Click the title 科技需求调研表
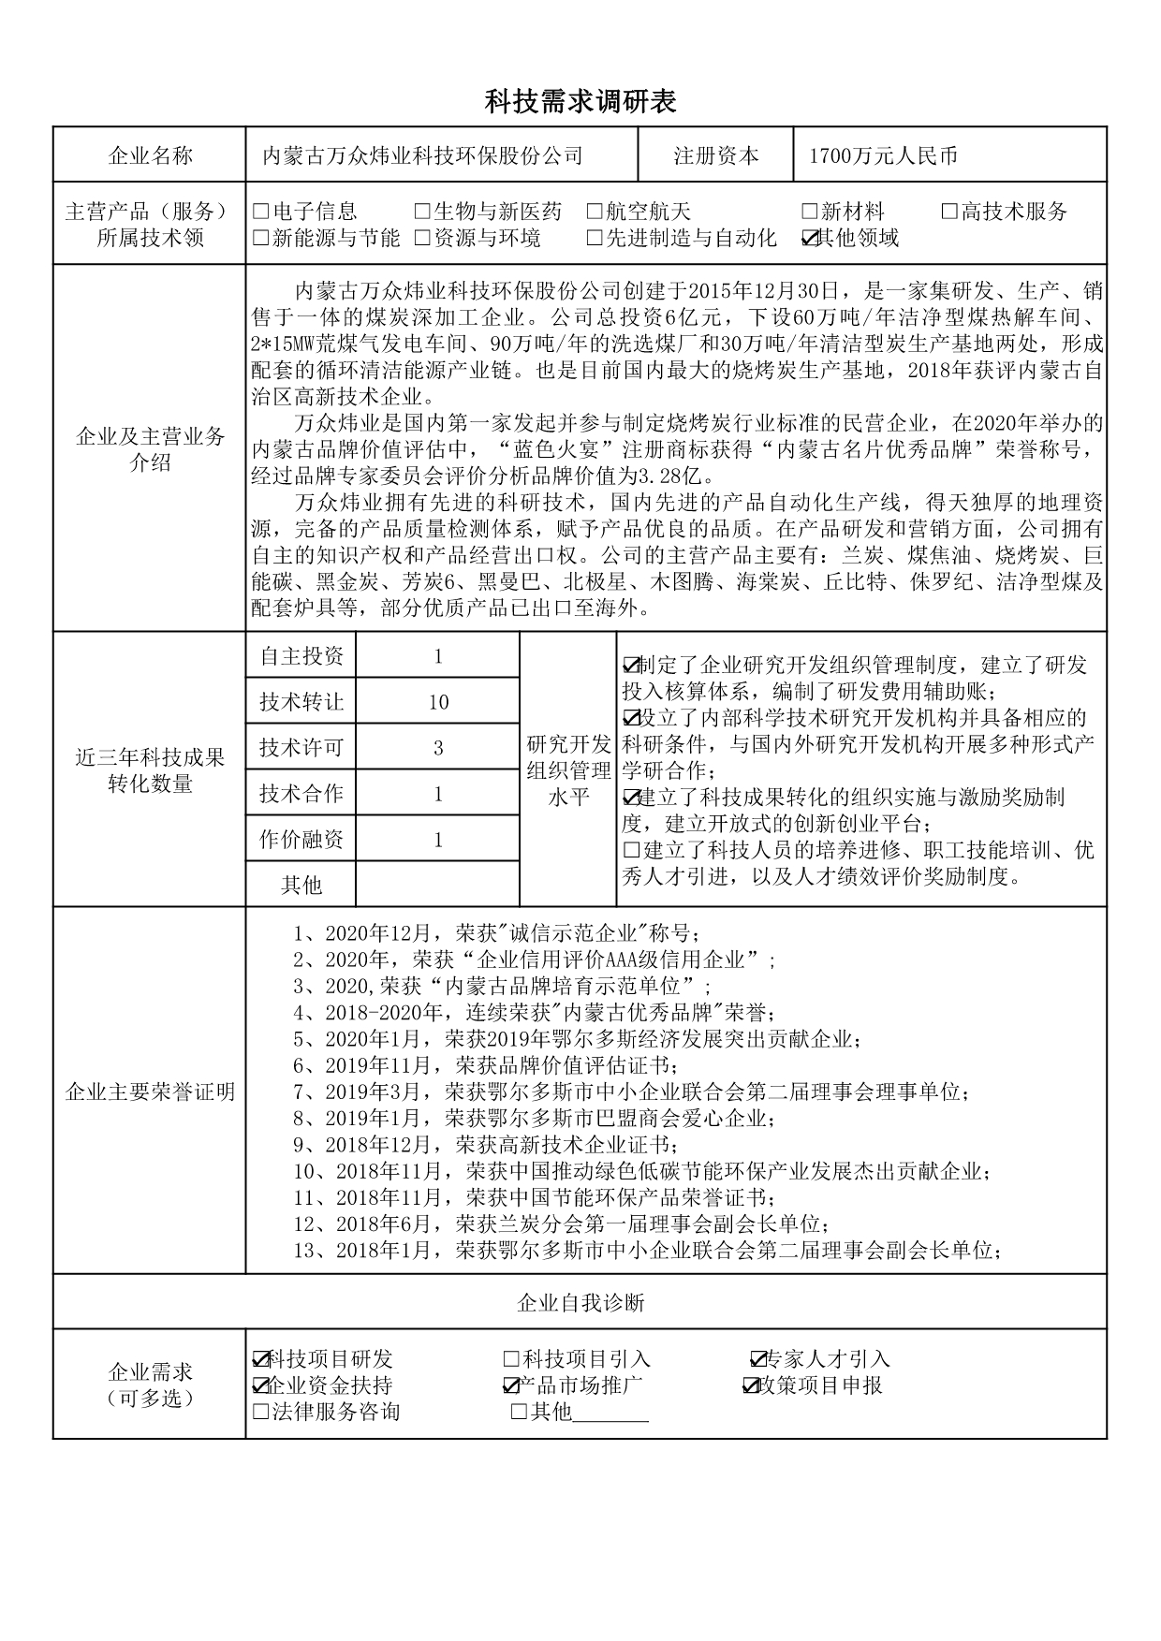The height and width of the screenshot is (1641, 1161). [x=580, y=102]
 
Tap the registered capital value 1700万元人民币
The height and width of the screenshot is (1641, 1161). [x=883, y=156]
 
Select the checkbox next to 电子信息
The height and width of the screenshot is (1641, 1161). [x=261, y=212]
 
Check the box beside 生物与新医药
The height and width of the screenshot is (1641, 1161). [x=422, y=212]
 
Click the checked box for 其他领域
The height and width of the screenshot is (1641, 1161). [x=811, y=239]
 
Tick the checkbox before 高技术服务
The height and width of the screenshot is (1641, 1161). [x=949, y=212]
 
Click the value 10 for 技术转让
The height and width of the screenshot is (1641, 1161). [x=438, y=702]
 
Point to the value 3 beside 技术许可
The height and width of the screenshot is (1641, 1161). [x=438, y=748]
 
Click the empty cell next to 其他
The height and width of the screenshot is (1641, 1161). [x=438, y=885]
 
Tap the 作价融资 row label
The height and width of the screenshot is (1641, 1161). [x=301, y=840]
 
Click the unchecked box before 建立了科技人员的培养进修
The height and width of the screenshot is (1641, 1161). [x=631, y=851]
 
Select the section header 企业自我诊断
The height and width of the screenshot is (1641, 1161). [x=580, y=1302]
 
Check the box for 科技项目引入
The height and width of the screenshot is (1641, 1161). [x=511, y=1359]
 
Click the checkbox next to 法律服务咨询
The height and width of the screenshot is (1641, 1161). [x=261, y=1412]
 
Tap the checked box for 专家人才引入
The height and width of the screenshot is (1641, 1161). [x=758, y=1359]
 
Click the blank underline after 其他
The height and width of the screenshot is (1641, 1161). [x=610, y=1412]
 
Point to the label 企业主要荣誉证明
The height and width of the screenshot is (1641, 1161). [x=150, y=1092]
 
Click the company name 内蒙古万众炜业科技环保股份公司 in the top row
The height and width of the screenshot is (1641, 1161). [x=422, y=156]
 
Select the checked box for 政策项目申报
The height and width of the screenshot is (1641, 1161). [x=751, y=1385]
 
